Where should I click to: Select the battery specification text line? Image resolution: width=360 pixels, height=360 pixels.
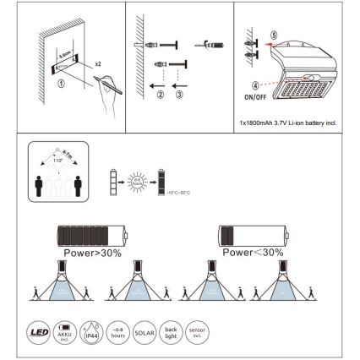289,123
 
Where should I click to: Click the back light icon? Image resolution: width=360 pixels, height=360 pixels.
170,329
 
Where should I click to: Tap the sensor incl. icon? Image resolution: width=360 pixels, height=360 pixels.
195,329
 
